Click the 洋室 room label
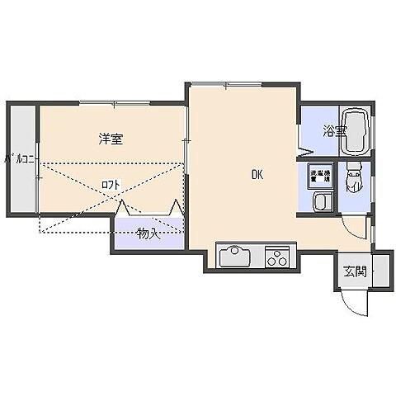[111, 139]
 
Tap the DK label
[257, 174]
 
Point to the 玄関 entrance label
[353, 271]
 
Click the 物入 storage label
[148, 234]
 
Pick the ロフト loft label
[110, 185]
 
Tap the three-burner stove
[279, 257]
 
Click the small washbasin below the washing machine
[321, 202]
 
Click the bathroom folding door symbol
[304, 149]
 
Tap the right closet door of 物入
[176, 210]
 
